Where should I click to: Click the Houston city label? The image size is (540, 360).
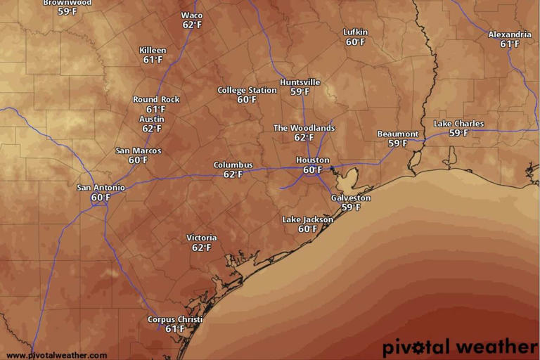(312, 160)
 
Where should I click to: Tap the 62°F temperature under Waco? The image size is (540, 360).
(192, 25)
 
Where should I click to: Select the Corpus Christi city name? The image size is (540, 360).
(174, 320)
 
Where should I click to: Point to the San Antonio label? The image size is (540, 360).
(101, 188)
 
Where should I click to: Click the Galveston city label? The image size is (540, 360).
(350, 198)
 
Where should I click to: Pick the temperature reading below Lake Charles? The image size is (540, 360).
(458, 133)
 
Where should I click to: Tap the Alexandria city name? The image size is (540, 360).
(510, 34)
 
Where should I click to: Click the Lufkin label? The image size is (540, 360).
(355, 32)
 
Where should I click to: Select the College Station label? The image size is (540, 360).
(247, 90)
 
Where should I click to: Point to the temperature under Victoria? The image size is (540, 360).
(201, 247)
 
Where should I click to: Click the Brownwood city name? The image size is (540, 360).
(67, 3)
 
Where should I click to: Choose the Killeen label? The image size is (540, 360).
(153, 51)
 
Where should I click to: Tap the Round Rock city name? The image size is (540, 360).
(156, 100)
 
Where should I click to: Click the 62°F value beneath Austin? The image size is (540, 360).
(152, 129)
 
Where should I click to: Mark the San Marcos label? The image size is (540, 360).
(139, 151)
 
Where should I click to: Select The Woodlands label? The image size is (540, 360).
(304, 128)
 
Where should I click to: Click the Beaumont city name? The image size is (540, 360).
(398, 134)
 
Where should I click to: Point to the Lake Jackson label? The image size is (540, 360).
(307, 219)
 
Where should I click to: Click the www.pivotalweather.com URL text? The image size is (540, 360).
(57, 355)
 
